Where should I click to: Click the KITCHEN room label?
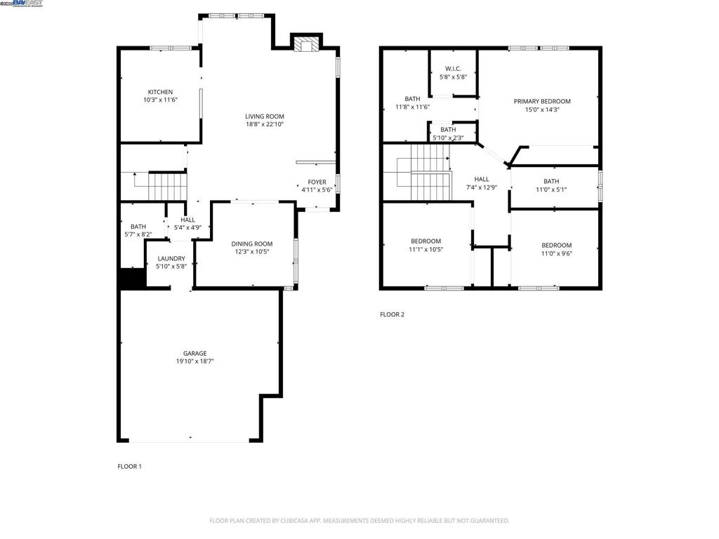coord(160,92)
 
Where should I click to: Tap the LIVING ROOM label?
coord(265,117)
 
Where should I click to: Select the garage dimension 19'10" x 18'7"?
coord(195,361)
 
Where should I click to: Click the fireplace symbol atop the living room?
coord(306,46)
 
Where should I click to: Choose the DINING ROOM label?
coord(252,244)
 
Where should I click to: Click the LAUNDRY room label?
coord(171,258)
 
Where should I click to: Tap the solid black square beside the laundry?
coord(132,279)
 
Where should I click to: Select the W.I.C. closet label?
coord(453,68)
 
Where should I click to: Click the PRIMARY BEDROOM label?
coord(542,101)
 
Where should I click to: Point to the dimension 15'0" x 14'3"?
coord(542,109)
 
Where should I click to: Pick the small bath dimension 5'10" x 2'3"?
coord(448,138)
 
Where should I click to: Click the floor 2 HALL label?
coord(481,179)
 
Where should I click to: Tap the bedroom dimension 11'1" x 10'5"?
coord(426,249)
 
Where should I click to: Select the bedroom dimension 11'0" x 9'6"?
coord(556,253)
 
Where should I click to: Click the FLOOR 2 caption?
coord(392,314)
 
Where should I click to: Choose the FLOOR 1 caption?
coord(129,466)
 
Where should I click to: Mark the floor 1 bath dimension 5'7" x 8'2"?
coord(138,234)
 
